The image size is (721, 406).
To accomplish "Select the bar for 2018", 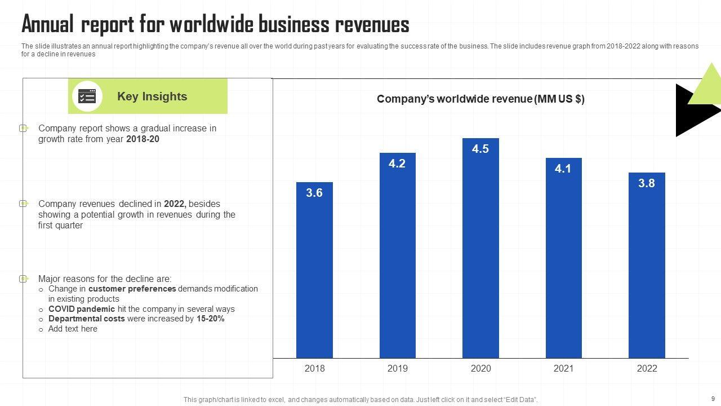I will (x=314, y=271).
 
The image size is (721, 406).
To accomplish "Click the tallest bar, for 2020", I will (x=480, y=248).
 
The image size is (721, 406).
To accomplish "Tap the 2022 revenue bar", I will (x=647, y=265).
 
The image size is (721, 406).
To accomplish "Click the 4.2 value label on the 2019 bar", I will (x=397, y=164).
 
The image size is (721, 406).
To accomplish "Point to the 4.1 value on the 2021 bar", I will (x=563, y=169).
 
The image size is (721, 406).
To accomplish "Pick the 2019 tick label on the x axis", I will (x=397, y=368).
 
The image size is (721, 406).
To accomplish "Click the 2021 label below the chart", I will (x=563, y=368).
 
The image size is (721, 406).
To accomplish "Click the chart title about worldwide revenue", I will (x=480, y=99).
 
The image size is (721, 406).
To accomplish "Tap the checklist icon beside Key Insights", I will (x=87, y=96).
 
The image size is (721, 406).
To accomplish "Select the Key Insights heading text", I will (x=152, y=96).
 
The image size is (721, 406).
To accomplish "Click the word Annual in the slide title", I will (x=48, y=25).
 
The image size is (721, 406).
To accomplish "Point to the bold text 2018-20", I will (x=143, y=139).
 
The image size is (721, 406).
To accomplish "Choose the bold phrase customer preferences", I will (x=132, y=289).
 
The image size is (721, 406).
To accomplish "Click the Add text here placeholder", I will (x=73, y=329).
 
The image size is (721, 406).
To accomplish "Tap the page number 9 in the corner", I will (x=713, y=398).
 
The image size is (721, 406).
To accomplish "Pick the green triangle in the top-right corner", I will (x=707, y=87).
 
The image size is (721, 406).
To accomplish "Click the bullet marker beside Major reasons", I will (x=24, y=279).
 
